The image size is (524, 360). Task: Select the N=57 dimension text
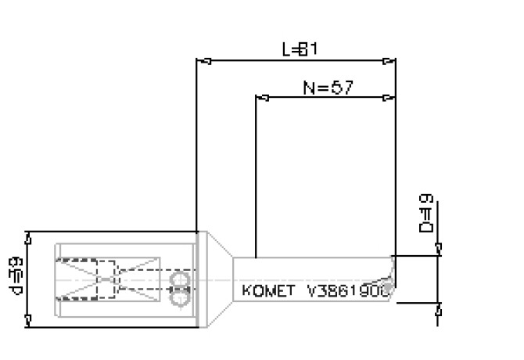point(328,87)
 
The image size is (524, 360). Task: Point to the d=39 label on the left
point(15,279)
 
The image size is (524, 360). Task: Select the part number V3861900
point(349,291)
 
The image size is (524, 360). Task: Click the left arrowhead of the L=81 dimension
point(201,59)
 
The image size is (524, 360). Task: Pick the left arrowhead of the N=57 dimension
point(262,98)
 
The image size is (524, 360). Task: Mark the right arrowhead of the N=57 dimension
point(389,98)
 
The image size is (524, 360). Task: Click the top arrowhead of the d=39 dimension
point(28,237)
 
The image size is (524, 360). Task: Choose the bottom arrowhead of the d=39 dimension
point(28,320)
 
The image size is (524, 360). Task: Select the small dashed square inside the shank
point(102,279)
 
